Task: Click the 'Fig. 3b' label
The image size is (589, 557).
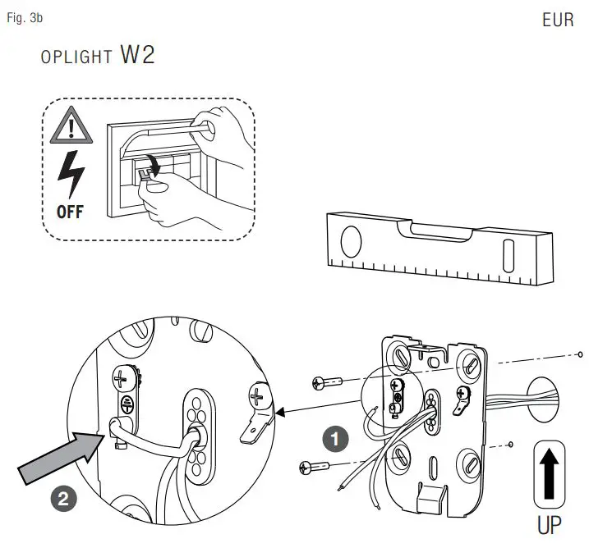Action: (x=25, y=17)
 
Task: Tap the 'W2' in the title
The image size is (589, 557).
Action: (x=137, y=56)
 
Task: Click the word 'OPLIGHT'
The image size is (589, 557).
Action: (x=76, y=58)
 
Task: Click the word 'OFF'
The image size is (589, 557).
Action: (x=70, y=211)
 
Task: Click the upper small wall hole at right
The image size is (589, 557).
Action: (x=580, y=354)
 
